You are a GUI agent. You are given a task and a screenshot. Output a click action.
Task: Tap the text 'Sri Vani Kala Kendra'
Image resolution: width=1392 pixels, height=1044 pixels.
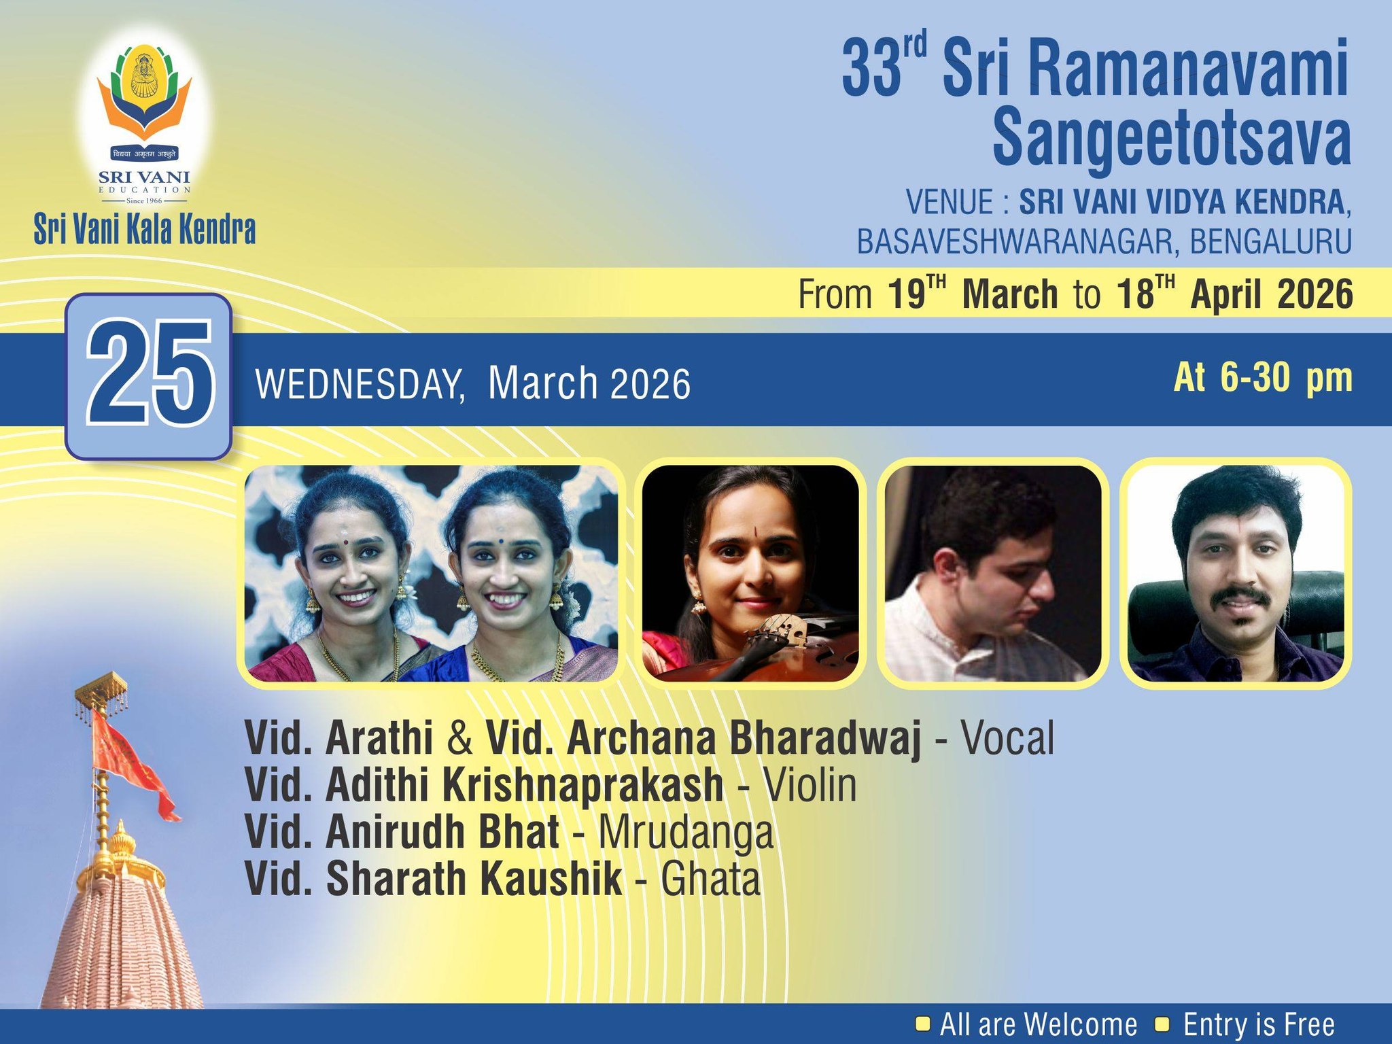145,230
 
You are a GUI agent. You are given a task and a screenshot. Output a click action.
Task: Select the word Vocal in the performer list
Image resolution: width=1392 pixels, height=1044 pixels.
1007,738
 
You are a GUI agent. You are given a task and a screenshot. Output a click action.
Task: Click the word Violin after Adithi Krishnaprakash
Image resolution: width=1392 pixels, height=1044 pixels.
810,785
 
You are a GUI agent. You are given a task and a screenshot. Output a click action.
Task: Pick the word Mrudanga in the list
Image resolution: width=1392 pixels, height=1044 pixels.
686,833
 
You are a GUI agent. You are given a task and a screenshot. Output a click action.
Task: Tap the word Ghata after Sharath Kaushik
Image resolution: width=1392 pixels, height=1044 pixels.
710,880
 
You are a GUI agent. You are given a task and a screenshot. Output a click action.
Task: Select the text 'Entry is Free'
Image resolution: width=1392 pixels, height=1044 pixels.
1259,1024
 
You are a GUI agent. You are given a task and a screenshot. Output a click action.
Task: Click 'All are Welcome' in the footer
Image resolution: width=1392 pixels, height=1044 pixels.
1038,1024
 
